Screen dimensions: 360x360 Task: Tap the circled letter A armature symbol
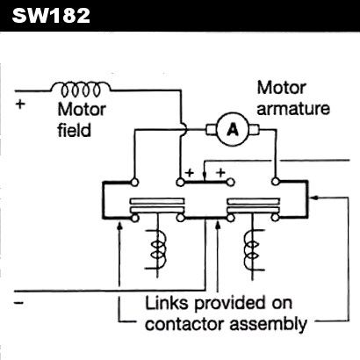233,130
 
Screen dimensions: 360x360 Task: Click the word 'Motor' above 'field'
80,111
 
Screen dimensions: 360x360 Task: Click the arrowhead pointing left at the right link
315,197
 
